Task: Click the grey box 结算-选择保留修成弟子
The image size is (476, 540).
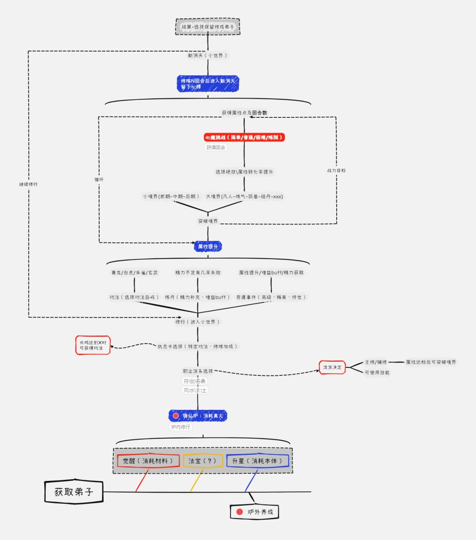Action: coord(208,27)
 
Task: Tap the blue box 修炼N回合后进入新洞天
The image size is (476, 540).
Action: coord(208,83)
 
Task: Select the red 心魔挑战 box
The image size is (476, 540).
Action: coord(244,138)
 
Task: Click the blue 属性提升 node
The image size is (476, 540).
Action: coord(208,246)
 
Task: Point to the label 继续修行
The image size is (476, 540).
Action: coord(28,184)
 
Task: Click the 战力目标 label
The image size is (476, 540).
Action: coord(336,170)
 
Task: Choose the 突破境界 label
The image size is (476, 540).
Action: coord(208,221)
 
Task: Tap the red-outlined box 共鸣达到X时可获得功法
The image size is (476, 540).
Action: coord(93,345)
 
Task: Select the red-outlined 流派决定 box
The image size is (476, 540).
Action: coord(332,367)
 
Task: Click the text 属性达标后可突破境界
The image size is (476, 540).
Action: coord(431,362)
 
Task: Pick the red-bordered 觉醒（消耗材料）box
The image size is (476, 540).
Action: coord(148,461)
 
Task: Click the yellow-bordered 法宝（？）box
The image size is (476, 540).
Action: coord(203,461)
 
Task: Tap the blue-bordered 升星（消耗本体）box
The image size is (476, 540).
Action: coord(257,461)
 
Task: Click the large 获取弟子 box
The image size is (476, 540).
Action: coord(74,492)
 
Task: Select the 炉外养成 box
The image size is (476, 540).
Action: coord(255,512)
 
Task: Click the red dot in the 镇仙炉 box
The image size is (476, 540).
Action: coord(176,416)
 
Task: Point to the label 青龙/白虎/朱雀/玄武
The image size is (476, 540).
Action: coord(134,273)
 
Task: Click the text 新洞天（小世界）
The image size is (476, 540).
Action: coord(208,56)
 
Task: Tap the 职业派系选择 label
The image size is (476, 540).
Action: coord(198,371)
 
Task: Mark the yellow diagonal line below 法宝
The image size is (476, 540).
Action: coord(197,481)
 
